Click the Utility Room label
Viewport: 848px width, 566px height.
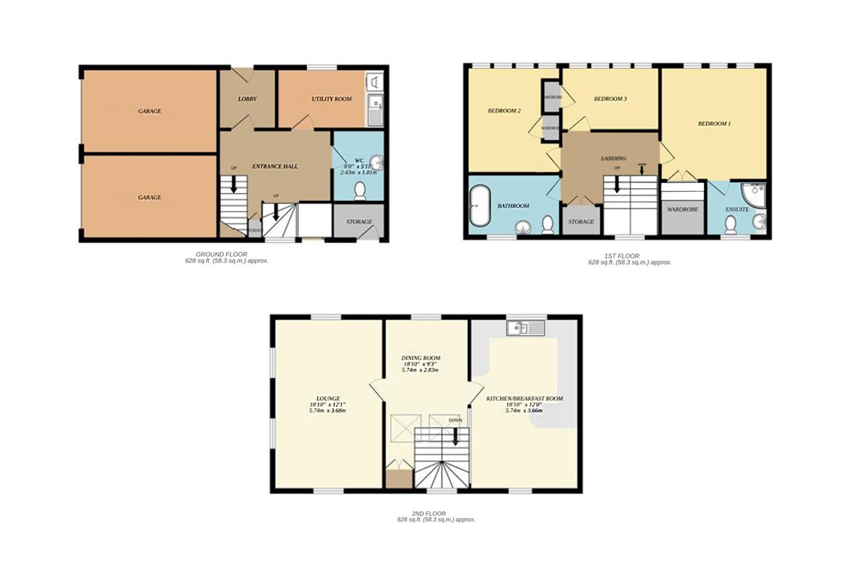click(x=331, y=99)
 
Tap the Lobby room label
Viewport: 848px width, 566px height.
click(x=247, y=99)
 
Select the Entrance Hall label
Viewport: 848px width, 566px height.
click(x=275, y=166)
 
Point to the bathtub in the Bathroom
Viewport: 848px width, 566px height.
click(x=479, y=206)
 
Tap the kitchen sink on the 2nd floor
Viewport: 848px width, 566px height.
click(x=526, y=328)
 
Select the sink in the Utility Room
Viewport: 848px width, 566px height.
click(x=375, y=110)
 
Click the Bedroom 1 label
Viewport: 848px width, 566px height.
click(x=714, y=124)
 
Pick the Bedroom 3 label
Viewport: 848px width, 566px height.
click(x=610, y=99)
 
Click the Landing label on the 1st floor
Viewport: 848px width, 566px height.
click(x=613, y=158)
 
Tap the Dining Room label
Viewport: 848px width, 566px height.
click(x=421, y=358)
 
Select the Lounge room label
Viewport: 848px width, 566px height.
click(x=328, y=398)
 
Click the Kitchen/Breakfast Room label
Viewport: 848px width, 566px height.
click(x=525, y=398)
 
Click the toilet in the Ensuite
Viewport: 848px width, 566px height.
click(x=731, y=225)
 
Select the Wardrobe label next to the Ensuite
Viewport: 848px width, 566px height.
click(x=683, y=209)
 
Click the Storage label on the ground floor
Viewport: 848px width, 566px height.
click(x=359, y=222)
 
